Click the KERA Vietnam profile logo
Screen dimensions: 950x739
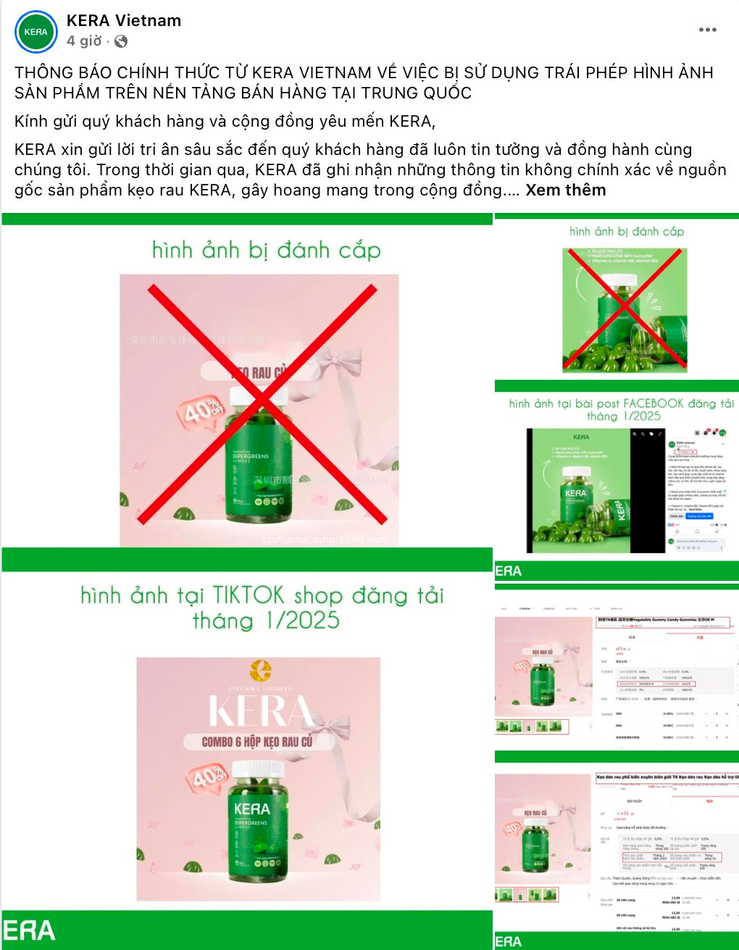pyautogui.click(x=36, y=32)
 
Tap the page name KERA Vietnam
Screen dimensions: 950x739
pyautogui.click(x=124, y=21)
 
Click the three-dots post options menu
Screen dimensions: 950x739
pyautogui.click(x=707, y=30)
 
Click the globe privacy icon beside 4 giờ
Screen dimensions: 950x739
pyautogui.click(x=121, y=41)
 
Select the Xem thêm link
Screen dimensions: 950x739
pyautogui.click(x=565, y=190)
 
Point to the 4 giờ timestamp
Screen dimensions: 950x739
pyautogui.click(x=84, y=41)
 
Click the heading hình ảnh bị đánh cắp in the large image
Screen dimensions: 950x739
pyautogui.click(x=266, y=251)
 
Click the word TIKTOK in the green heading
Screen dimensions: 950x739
pyautogui.click(x=248, y=596)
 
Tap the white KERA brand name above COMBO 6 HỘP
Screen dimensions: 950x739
pyautogui.click(x=259, y=711)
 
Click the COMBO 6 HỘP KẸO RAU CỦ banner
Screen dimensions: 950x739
pyautogui.click(x=257, y=741)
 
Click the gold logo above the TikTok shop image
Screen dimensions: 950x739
pyautogui.click(x=259, y=671)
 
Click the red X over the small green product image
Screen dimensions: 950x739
pyautogui.click(x=624, y=308)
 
